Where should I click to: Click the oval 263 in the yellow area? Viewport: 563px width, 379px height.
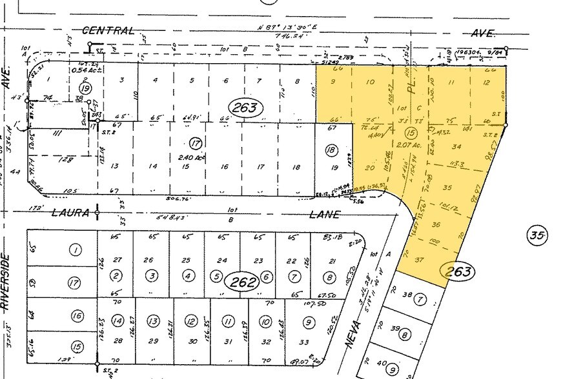pyautogui.click(x=457, y=270)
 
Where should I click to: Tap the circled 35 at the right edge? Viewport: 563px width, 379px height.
pyautogui.click(x=540, y=235)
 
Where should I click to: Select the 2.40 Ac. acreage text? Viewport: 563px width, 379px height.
pyautogui.click(x=192, y=155)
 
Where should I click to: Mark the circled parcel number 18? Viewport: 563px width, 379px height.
pyautogui.click(x=332, y=150)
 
